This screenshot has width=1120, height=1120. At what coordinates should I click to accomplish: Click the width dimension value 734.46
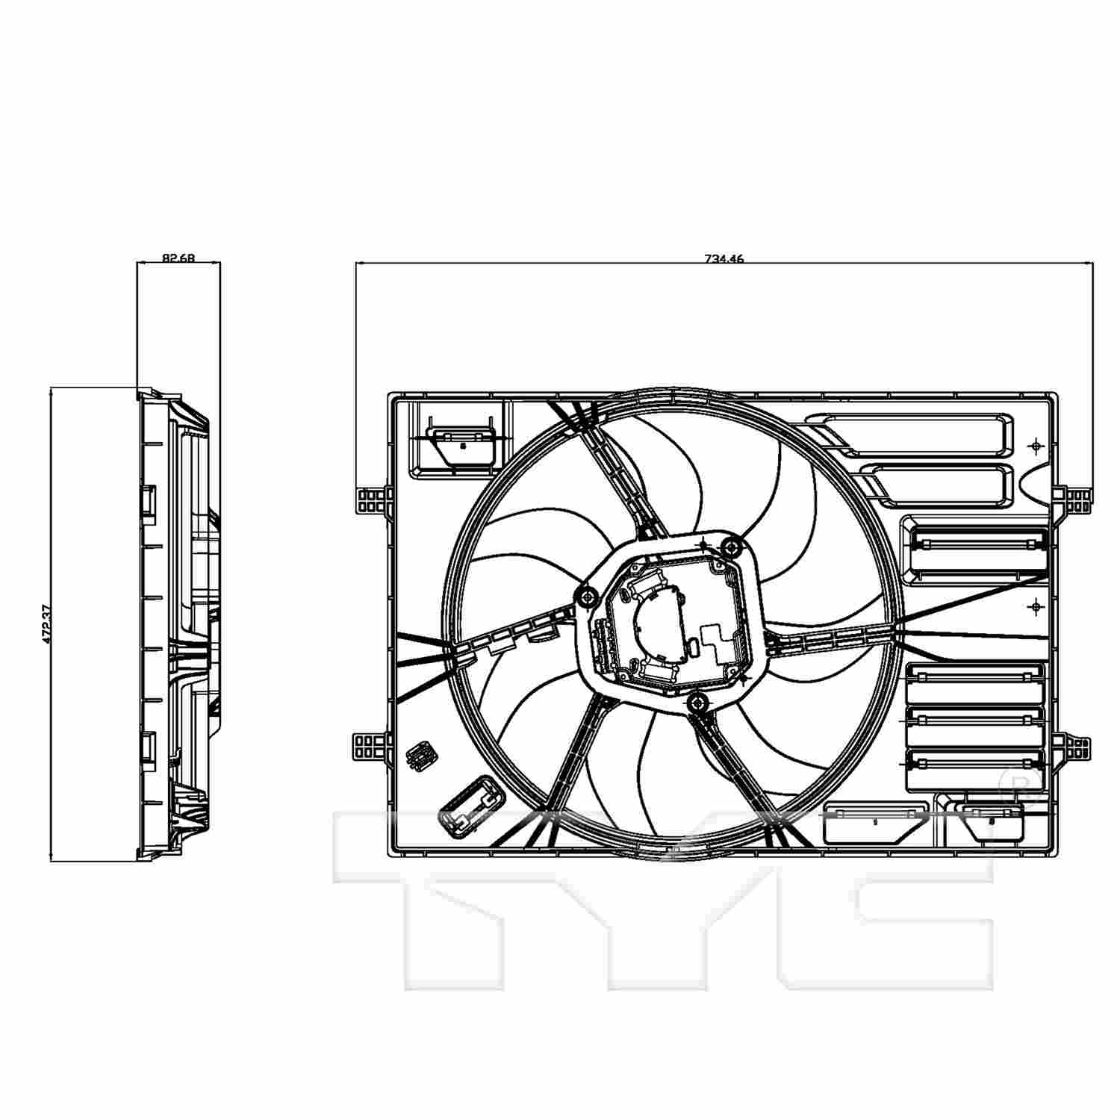(x=724, y=259)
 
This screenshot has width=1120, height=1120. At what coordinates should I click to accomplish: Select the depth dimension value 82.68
(x=178, y=258)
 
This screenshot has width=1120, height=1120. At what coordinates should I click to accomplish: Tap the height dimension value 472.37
(x=46, y=623)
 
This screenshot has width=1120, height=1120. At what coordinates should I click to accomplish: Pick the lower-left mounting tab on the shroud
(x=370, y=745)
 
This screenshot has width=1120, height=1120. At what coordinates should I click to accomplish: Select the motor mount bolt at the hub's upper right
(x=731, y=548)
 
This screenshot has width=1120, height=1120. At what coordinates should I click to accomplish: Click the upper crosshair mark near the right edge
(x=1035, y=446)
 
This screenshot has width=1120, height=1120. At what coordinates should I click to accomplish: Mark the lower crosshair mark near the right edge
(x=1035, y=608)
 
